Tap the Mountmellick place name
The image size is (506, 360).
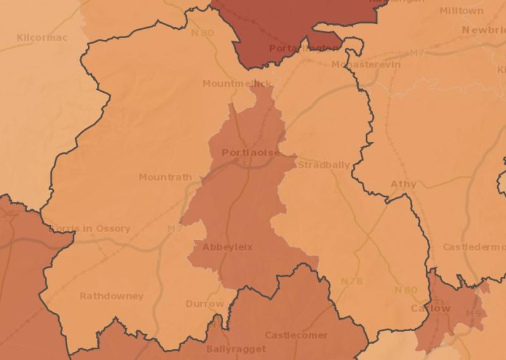pos(237,84)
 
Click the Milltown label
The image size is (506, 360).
pos(461,11)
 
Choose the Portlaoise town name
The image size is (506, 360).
pos(250,152)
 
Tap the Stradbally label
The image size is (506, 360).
pos(323,165)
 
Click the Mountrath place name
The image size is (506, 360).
pos(165,177)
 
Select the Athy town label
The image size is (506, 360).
pos(404,184)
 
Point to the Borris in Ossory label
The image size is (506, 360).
pos(89,228)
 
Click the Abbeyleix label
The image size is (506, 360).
pos(227,247)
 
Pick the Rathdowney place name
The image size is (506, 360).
pos(111,296)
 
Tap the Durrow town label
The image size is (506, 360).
pos(205,304)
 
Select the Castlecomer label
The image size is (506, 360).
pos(296,335)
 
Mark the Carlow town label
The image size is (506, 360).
pos(430,308)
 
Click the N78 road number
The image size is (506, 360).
pos(352,281)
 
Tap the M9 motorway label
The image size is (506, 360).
pos(472,314)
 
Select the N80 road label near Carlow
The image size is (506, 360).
pos(405,290)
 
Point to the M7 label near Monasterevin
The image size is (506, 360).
pos(416,54)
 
